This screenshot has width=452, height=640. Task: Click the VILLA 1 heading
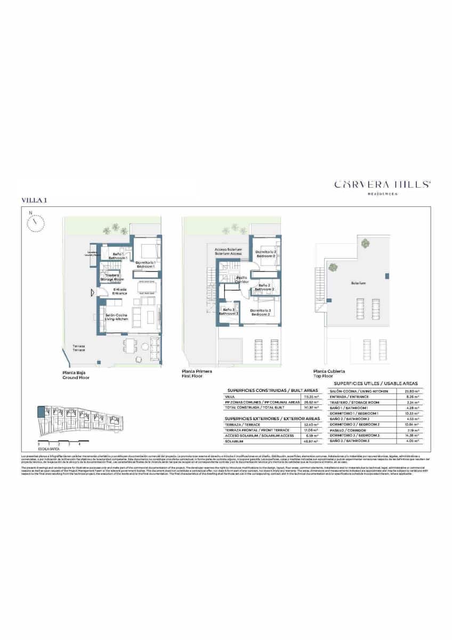(x=34, y=199)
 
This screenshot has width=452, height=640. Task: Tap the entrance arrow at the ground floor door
(x=92, y=292)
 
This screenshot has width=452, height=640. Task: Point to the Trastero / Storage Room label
(x=112, y=277)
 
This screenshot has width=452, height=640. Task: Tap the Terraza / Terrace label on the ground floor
(x=78, y=348)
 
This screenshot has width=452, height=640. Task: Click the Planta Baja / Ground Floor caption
(x=76, y=375)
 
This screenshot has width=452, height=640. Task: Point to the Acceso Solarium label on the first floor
(x=228, y=251)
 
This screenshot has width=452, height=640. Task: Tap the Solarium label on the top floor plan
(x=358, y=283)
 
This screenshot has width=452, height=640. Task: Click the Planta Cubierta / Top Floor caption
(x=329, y=373)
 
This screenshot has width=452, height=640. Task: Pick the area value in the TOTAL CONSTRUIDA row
(x=311, y=407)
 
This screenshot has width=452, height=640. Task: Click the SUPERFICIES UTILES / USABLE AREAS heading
(x=376, y=383)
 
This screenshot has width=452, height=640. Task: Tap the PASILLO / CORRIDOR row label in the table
(x=348, y=430)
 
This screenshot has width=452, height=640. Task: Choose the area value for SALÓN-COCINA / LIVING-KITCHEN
(x=412, y=391)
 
